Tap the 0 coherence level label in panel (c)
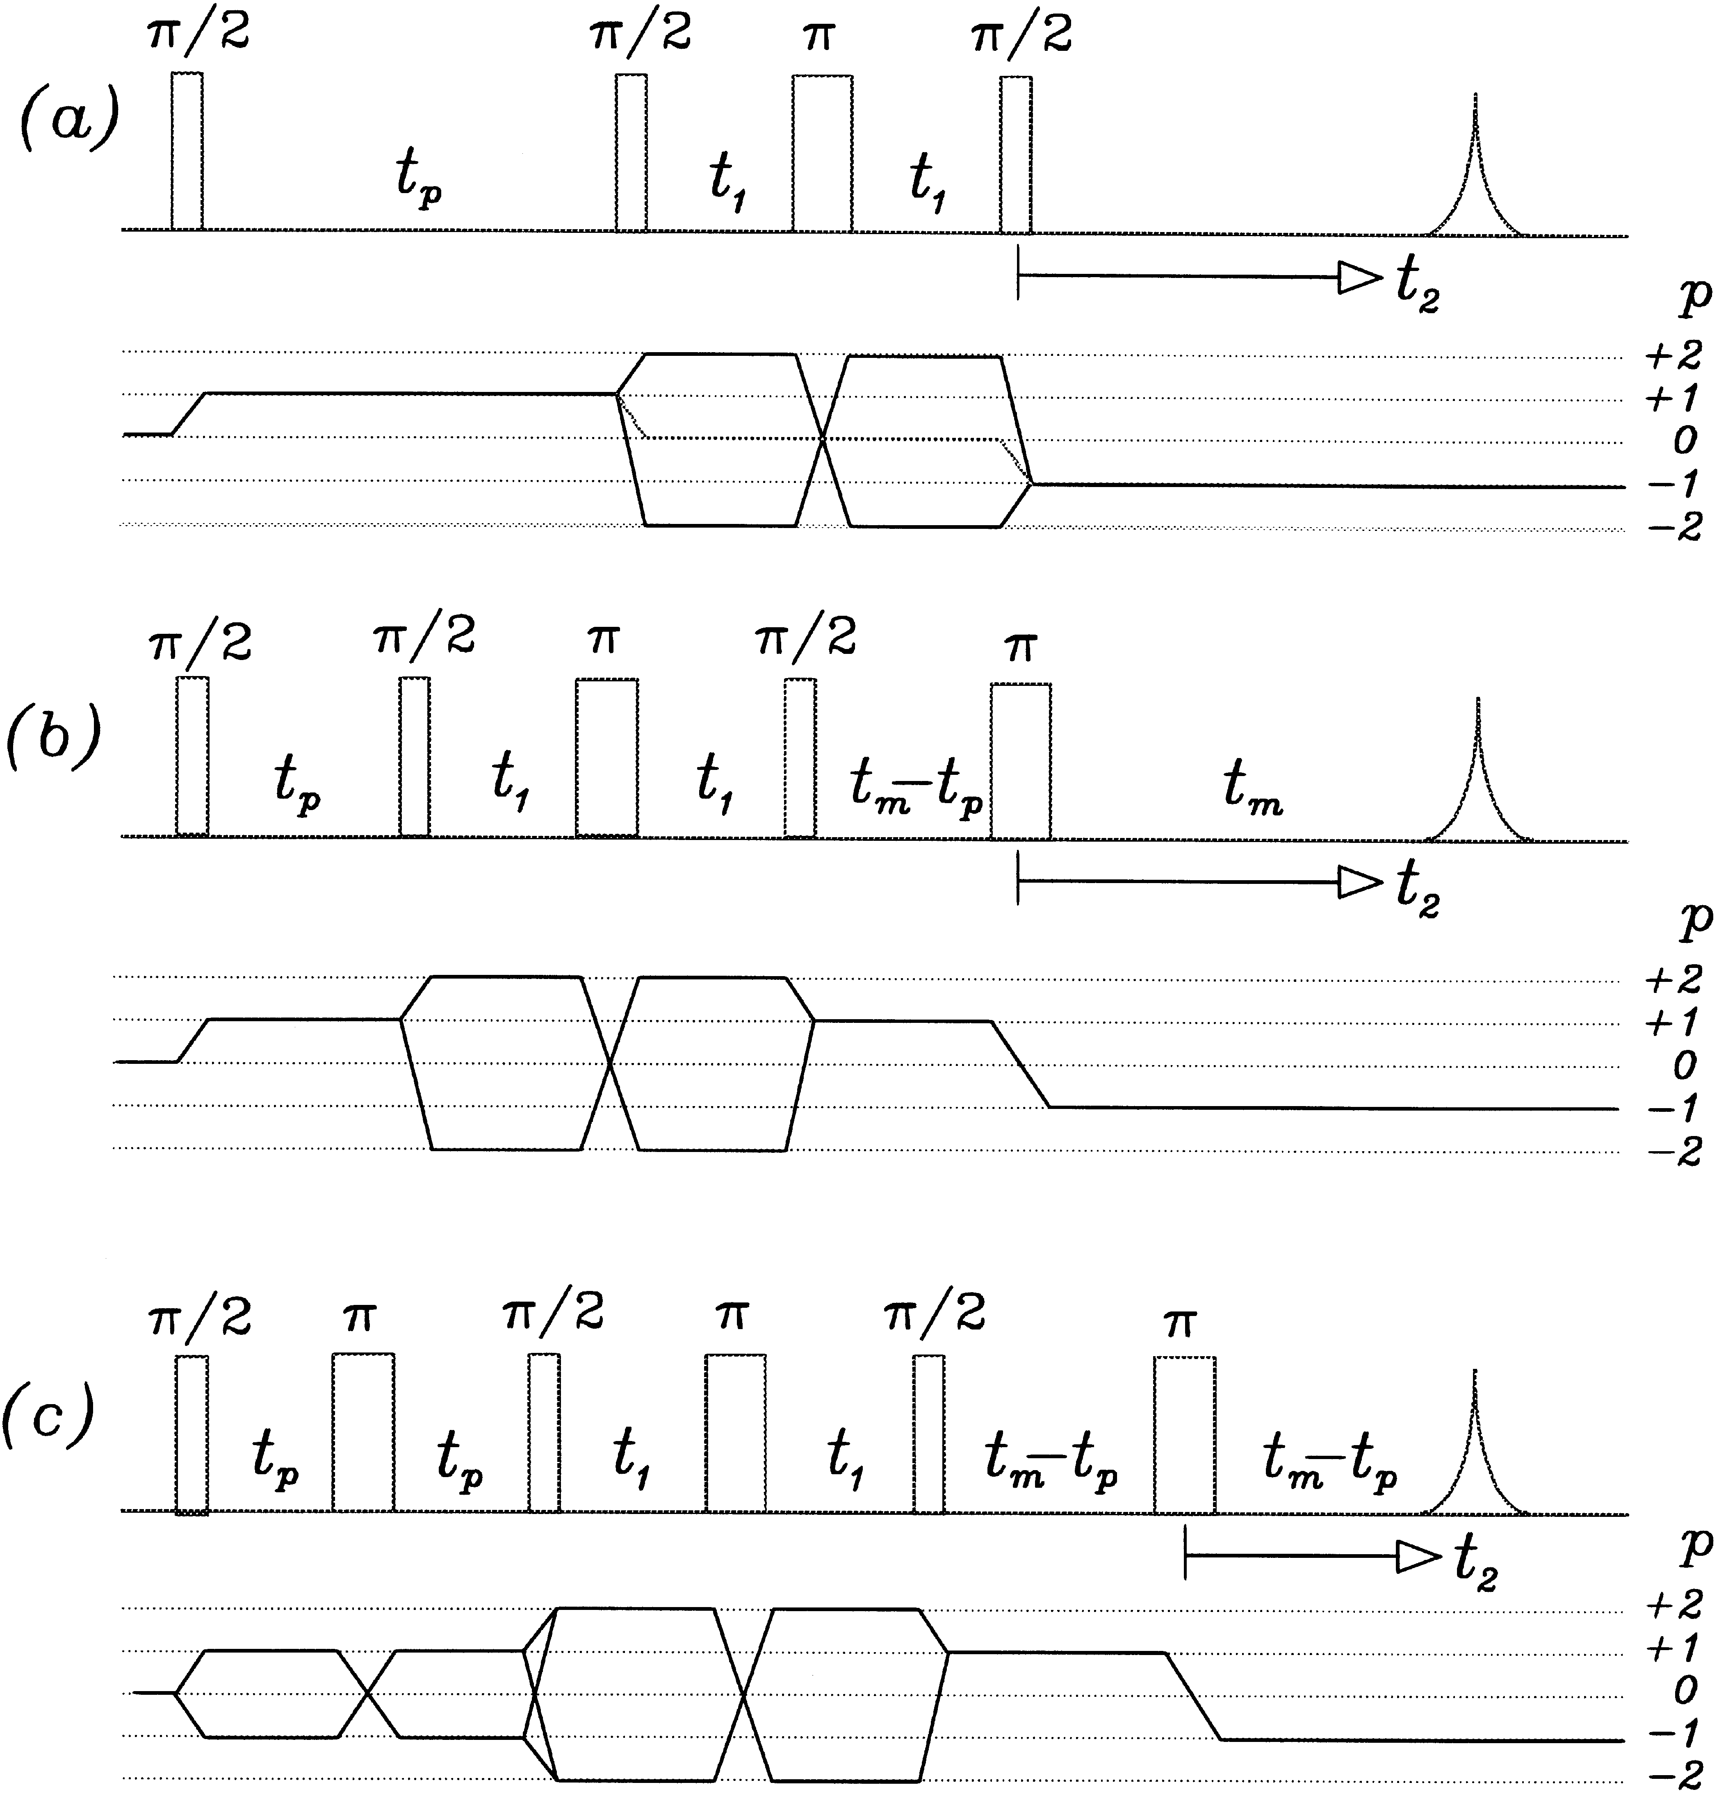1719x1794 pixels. pyautogui.click(x=1684, y=1689)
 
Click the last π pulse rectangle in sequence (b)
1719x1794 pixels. pyautogui.click(x=1021, y=760)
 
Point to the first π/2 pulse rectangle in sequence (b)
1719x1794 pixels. pyautogui.click(x=192, y=757)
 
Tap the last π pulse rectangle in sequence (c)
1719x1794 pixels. pyautogui.click(x=1184, y=1434)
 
